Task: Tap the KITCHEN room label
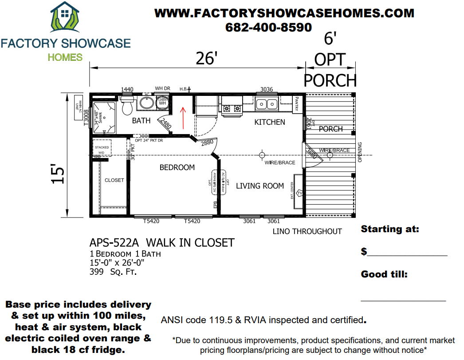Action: (x=269, y=122)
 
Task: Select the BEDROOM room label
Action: (x=177, y=167)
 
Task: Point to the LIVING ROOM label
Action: (x=260, y=186)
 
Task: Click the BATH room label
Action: (x=142, y=121)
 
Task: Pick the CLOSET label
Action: (x=114, y=180)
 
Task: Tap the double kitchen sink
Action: (x=266, y=104)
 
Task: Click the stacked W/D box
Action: (x=102, y=150)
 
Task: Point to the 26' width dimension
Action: (x=205, y=58)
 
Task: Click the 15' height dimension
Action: (x=59, y=174)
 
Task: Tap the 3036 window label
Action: (x=266, y=89)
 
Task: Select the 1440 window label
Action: (x=127, y=89)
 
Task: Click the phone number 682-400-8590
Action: (x=268, y=27)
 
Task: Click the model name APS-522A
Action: (x=114, y=243)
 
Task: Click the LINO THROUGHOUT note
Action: (x=307, y=231)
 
